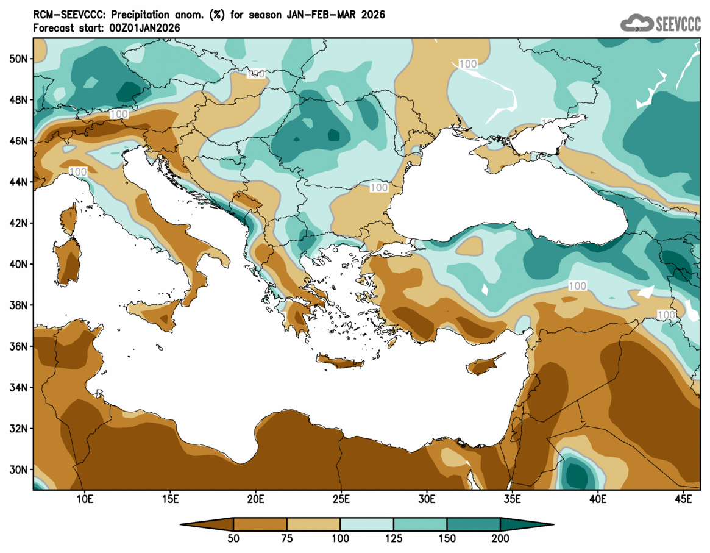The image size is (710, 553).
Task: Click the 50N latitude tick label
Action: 19,59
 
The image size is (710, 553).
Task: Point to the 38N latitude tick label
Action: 19,305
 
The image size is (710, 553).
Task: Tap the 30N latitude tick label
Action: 19,470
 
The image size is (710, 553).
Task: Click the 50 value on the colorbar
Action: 233,538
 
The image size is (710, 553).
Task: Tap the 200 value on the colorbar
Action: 500,538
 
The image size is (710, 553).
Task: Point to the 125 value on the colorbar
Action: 394,538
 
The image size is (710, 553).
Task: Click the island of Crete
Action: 339,363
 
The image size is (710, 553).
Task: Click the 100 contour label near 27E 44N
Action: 379,188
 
